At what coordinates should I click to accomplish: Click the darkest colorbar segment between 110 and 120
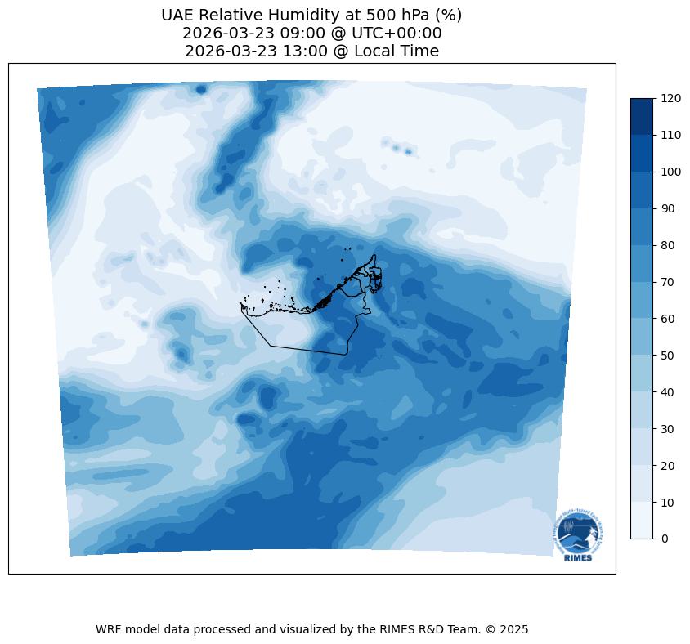pos(643,116)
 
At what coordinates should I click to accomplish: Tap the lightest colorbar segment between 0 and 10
pos(643,521)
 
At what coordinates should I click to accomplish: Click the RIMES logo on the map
pos(576,536)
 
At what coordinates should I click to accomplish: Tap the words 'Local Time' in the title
pos(396,51)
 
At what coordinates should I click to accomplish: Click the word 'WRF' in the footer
pos(108,629)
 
